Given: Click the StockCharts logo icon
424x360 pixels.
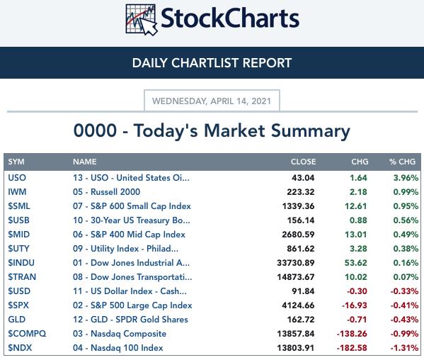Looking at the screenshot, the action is tap(142, 20).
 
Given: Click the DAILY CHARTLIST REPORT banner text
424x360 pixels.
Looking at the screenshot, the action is tap(212, 63).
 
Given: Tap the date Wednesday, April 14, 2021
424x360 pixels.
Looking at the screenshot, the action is tap(212, 101).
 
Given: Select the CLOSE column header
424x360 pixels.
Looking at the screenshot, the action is tap(303, 162).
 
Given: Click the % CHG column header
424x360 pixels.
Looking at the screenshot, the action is tap(402, 162).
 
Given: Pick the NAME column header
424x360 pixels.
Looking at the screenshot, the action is tap(85, 162).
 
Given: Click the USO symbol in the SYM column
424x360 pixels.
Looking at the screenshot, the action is tap(17, 178).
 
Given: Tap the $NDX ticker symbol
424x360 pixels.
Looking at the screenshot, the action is tap(20, 347).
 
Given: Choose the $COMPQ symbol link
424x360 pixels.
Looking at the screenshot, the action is tap(27, 334).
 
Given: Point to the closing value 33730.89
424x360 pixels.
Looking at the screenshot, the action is tap(296, 262).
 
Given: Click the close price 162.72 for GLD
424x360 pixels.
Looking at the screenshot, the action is tap(301, 320).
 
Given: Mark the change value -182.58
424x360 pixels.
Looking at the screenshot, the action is tap(352, 347).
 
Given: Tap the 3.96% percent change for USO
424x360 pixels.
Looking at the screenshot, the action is tap(406, 178).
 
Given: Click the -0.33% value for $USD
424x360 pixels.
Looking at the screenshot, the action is tap(404, 291).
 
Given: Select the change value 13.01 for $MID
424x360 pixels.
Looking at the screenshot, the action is tap(356, 234).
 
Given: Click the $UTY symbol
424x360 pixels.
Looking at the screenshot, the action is tap(18, 249).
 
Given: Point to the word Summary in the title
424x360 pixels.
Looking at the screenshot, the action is tap(311, 131).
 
